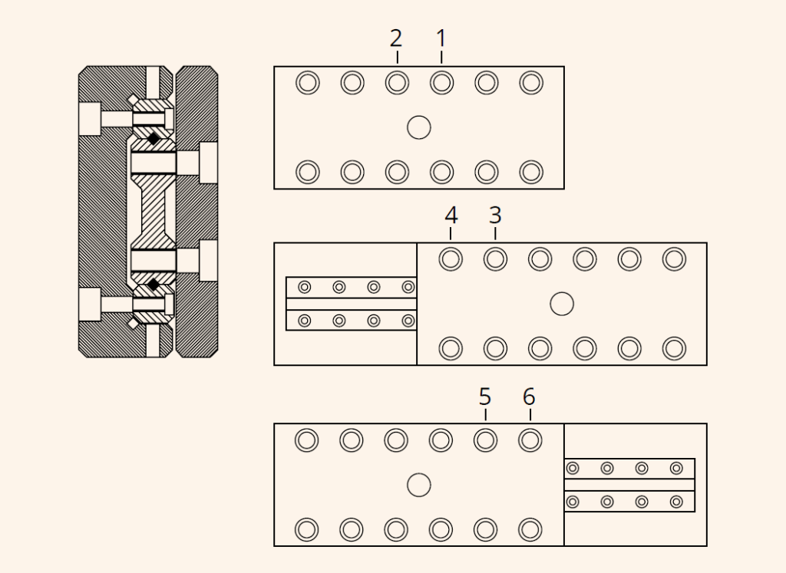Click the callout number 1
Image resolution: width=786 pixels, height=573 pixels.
tap(441, 38)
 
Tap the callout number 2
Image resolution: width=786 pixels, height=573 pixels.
tap(396, 38)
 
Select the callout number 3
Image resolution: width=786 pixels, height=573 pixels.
tap(495, 216)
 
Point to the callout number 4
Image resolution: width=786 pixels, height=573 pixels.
tap(451, 216)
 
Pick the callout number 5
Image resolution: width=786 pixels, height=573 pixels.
tap(485, 397)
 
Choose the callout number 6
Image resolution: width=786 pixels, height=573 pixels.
tap(530, 397)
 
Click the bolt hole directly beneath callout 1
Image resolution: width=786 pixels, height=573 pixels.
tap(441, 83)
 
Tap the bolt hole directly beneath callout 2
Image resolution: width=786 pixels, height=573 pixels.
tap(397, 83)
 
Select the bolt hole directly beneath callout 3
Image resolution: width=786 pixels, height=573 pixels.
tap(495, 259)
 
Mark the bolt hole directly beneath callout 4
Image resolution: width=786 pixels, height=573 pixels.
tap(451, 259)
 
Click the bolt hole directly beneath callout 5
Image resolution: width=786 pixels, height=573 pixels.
tap(485, 440)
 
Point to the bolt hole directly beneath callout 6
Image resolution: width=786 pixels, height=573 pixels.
tap(530, 440)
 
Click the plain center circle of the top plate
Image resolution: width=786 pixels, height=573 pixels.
tap(419, 127)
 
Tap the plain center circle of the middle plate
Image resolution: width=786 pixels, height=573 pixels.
tap(562, 304)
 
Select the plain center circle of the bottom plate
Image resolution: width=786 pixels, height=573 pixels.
tap(419, 485)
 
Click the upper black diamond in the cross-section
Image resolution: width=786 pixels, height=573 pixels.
tap(154, 138)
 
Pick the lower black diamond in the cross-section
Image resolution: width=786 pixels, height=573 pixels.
tap(154, 285)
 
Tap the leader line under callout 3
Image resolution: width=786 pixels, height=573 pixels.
tap(495, 233)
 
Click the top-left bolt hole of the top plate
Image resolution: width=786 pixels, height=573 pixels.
tap(308, 83)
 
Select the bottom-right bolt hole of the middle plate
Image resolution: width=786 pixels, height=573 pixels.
tap(674, 348)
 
